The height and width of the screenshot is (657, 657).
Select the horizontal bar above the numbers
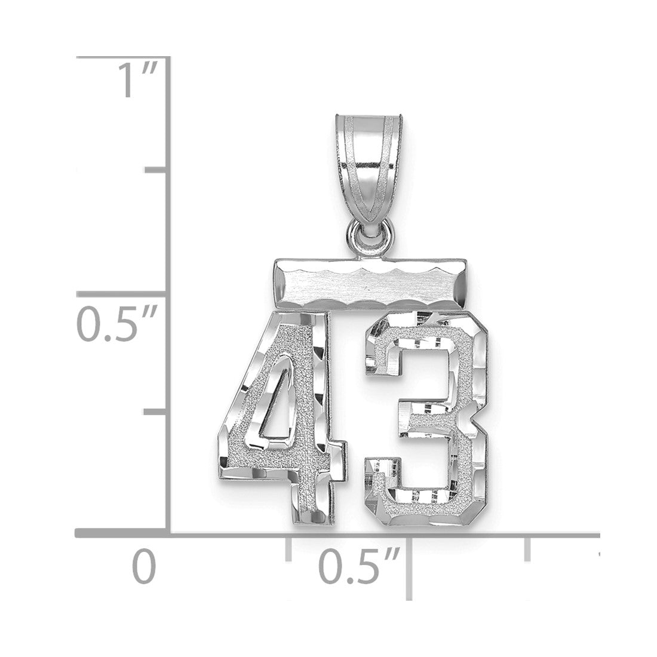[x=370, y=283]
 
